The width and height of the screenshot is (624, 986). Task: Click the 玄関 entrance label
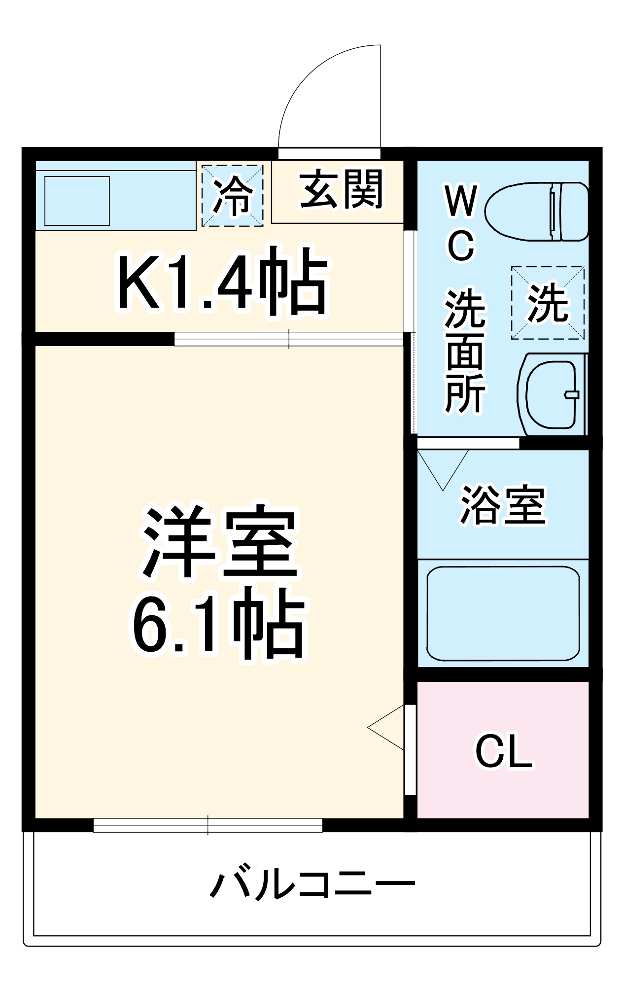tap(341, 189)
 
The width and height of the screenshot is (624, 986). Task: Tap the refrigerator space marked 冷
tap(232, 196)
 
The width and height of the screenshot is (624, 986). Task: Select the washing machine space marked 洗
tap(548, 303)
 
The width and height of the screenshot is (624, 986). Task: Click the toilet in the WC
tap(536, 211)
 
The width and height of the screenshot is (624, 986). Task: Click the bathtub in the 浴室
tap(503, 613)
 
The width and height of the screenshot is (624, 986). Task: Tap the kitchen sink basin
tap(77, 201)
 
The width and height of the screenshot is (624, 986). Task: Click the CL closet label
tap(503, 751)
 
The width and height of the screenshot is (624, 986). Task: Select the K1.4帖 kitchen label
tap(222, 282)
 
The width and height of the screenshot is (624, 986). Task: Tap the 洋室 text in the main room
tap(220, 542)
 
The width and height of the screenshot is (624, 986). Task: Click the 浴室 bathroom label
tap(503, 505)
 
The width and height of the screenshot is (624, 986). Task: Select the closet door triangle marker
tap(387, 728)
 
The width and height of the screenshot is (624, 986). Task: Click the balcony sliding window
tap(208, 825)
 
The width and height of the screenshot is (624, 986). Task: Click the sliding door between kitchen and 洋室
tap(289, 339)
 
